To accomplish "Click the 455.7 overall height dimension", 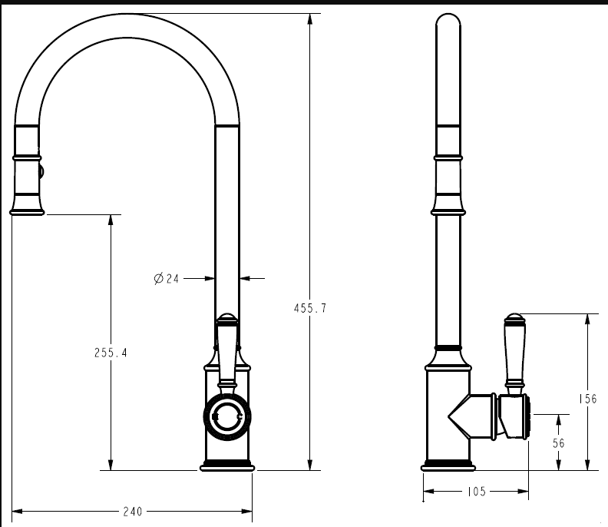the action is (x=310, y=309).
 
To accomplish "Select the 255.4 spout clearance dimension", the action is (x=111, y=353).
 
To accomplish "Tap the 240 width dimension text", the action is (x=133, y=512).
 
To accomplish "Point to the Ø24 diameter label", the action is (x=167, y=278).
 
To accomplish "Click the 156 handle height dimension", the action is (x=588, y=399).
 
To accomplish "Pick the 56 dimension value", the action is (x=558, y=442).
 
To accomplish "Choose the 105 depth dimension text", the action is (x=477, y=492).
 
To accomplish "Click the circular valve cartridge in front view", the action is (x=226, y=416).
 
